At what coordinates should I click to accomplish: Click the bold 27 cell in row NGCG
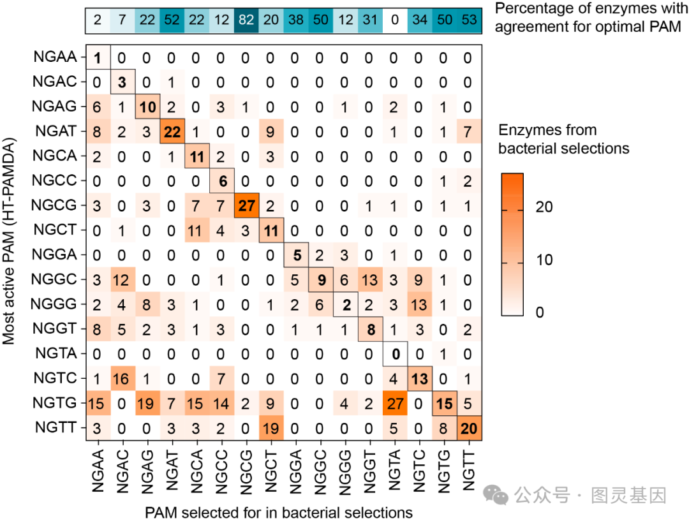(246, 205)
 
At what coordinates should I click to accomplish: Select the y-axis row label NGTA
(56, 353)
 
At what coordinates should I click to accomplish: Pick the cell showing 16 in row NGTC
(122, 378)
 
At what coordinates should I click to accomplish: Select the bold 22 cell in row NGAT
(171, 131)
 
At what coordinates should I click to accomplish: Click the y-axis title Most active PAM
(9, 242)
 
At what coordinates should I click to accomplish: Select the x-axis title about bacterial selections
(278, 512)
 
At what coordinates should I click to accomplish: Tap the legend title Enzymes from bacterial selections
(565, 139)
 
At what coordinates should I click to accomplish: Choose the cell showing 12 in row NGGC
(122, 279)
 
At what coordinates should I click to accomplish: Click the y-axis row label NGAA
(56, 57)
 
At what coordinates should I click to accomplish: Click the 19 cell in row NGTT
(270, 427)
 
